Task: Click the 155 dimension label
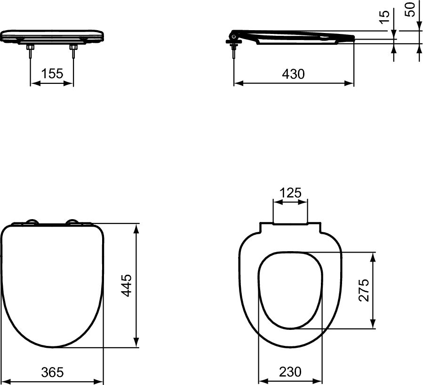[52, 74]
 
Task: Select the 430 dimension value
[293, 74]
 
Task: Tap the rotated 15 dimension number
[385, 15]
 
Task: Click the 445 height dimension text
[127, 285]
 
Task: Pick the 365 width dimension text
[52, 372]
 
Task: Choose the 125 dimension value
[290, 193]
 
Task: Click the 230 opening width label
[290, 372]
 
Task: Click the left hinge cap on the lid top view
[32, 222]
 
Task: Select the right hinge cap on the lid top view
[73, 222]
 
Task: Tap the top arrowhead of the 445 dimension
[137, 228]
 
